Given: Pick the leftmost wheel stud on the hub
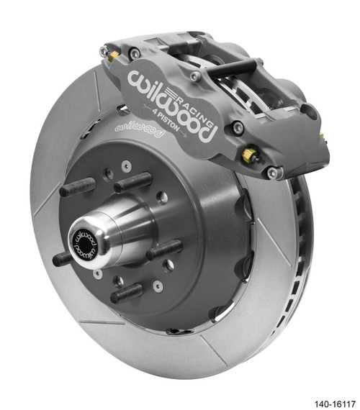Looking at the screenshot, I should [x=75, y=190].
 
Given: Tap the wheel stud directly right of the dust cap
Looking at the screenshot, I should [x=164, y=252].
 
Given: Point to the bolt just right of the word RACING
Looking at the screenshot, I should [x=238, y=128].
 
